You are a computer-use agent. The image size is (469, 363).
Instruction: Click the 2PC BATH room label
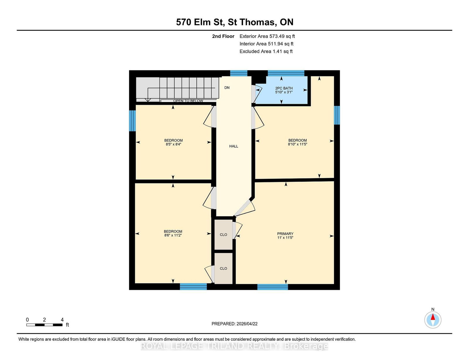point(284,88)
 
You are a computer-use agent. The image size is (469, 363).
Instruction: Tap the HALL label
point(234,146)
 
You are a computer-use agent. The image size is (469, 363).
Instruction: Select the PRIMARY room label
point(285,234)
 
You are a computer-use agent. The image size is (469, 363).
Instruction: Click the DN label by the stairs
point(227,87)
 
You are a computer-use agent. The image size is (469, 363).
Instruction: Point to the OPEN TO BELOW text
point(188,101)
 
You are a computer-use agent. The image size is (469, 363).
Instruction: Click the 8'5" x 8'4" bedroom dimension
point(173,144)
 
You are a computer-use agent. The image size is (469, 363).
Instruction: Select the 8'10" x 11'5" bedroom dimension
point(298,144)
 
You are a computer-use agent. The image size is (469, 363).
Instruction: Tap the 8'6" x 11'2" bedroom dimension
point(173,235)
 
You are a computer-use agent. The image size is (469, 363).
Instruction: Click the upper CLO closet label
point(223,235)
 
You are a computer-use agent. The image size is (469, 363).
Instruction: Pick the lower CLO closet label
point(223,269)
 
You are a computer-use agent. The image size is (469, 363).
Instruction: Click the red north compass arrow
point(433,317)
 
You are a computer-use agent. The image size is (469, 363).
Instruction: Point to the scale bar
point(45,325)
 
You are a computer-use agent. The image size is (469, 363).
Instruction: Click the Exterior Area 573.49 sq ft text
point(267,36)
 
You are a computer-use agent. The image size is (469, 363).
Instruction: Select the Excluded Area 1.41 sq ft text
point(266,51)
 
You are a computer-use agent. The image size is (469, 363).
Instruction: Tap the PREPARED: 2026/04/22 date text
point(235,324)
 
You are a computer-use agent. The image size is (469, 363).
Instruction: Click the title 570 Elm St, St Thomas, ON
point(235,22)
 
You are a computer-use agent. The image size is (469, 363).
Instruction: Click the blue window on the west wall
point(132,121)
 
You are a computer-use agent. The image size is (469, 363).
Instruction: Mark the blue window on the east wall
point(337,115)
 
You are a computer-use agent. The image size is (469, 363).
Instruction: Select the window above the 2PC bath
point(286,73)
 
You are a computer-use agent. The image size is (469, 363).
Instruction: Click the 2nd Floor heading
point(223,36)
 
